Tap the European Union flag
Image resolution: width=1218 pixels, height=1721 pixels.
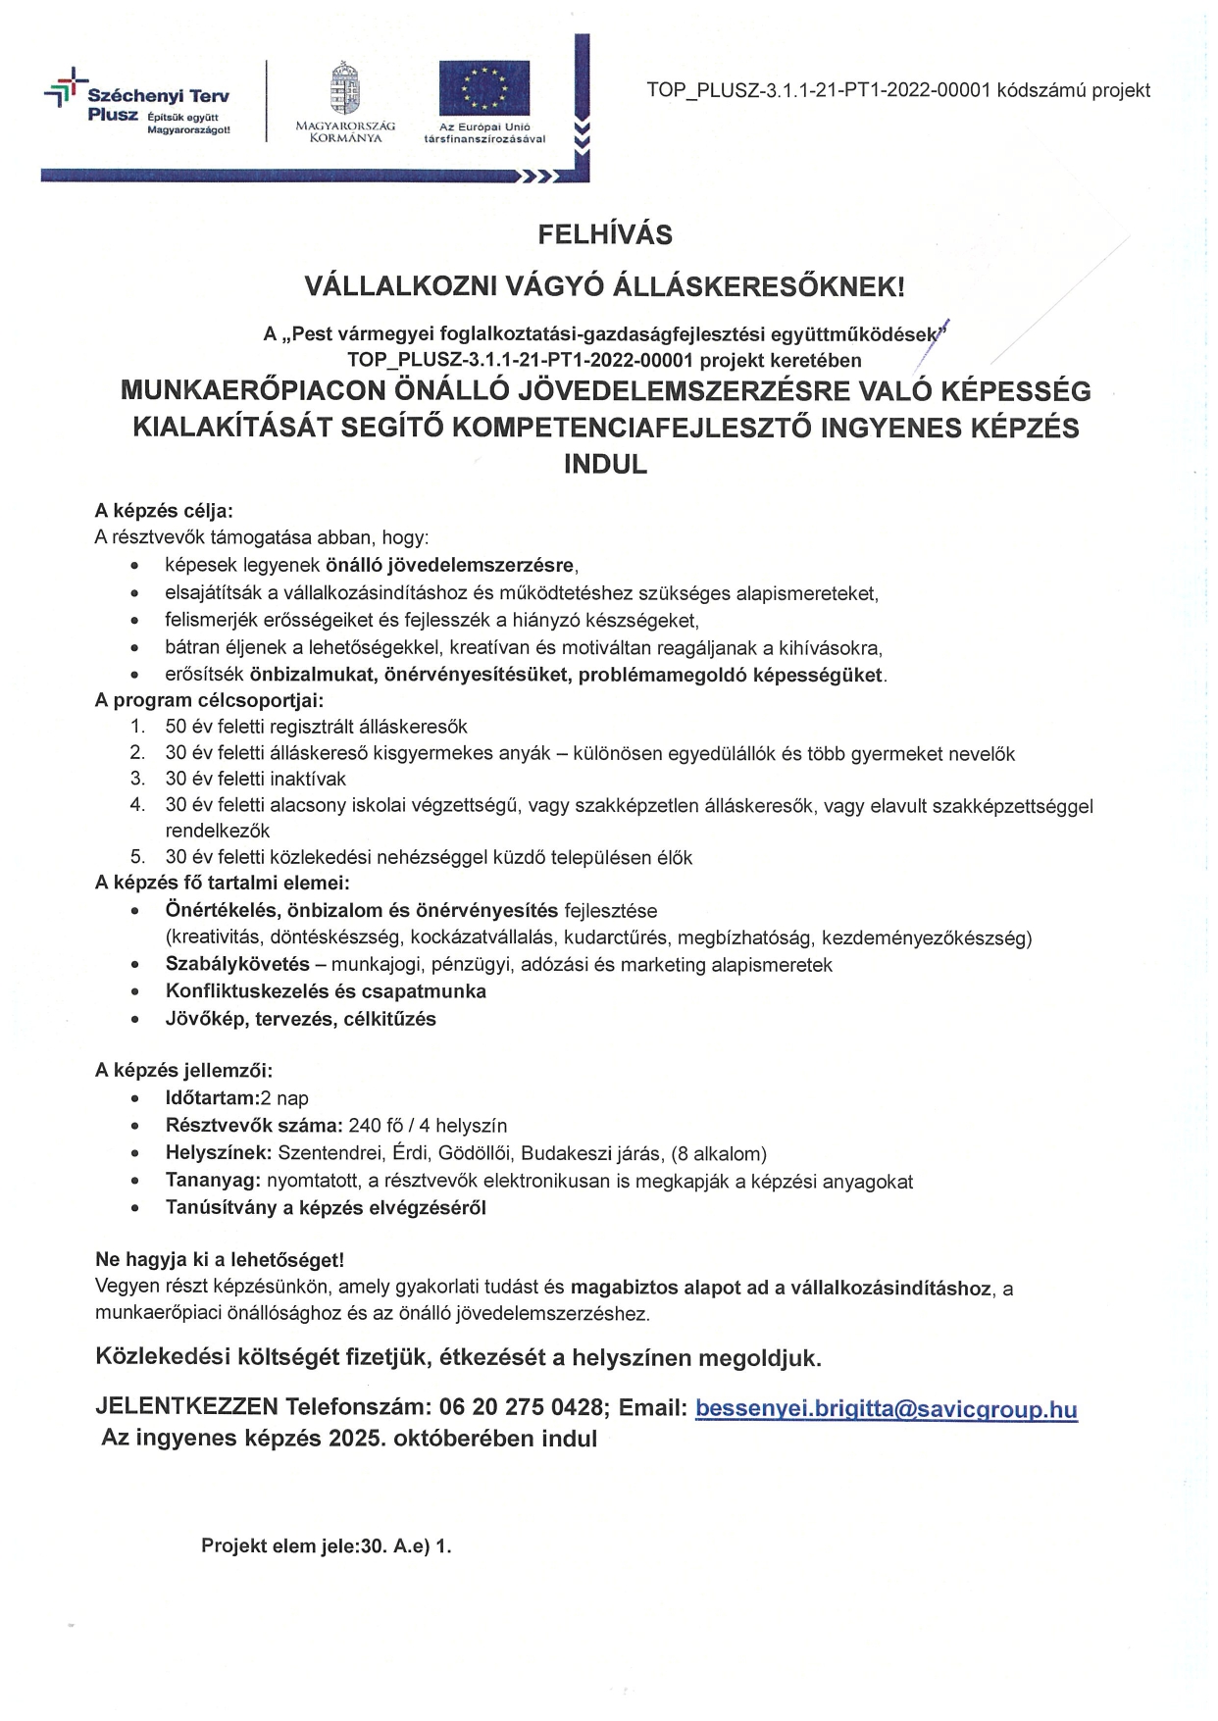(483, 88)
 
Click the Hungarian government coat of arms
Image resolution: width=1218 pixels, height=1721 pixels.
(344, 88)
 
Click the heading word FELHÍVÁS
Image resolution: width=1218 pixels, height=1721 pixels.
(604, 235)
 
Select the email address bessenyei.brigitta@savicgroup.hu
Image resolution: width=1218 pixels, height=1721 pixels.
(886, 1409)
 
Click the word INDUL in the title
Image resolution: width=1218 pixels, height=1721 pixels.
(605, 464)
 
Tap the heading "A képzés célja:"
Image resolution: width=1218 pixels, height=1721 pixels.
(164, 511)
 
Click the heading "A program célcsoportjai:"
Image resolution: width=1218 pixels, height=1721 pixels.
(209, 700)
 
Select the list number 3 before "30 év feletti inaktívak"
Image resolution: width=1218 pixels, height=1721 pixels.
(138, 779)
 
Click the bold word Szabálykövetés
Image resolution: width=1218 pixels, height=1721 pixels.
(237, 965)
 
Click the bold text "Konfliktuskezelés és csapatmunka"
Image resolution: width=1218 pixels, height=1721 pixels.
(326, 991)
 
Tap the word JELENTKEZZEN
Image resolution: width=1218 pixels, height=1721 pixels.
(186, 1408)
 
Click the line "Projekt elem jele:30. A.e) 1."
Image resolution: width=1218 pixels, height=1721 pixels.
(326, 1546)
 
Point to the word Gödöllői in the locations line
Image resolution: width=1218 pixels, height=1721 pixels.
(475, 1153)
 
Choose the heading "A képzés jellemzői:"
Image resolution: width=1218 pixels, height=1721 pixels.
(183, 1071)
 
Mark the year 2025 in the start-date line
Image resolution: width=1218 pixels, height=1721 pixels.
(355, 1440)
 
